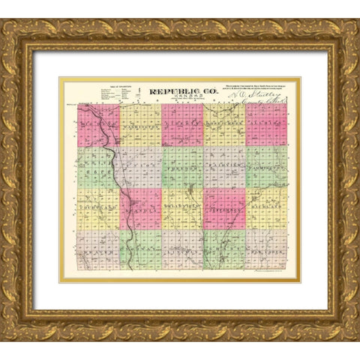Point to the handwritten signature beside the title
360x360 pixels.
pyautogui.click(x=259, y=94)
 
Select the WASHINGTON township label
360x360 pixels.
pyautogui.click(x=139, y=127)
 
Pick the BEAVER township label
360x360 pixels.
pyautogui.click(x=96, y=253)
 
